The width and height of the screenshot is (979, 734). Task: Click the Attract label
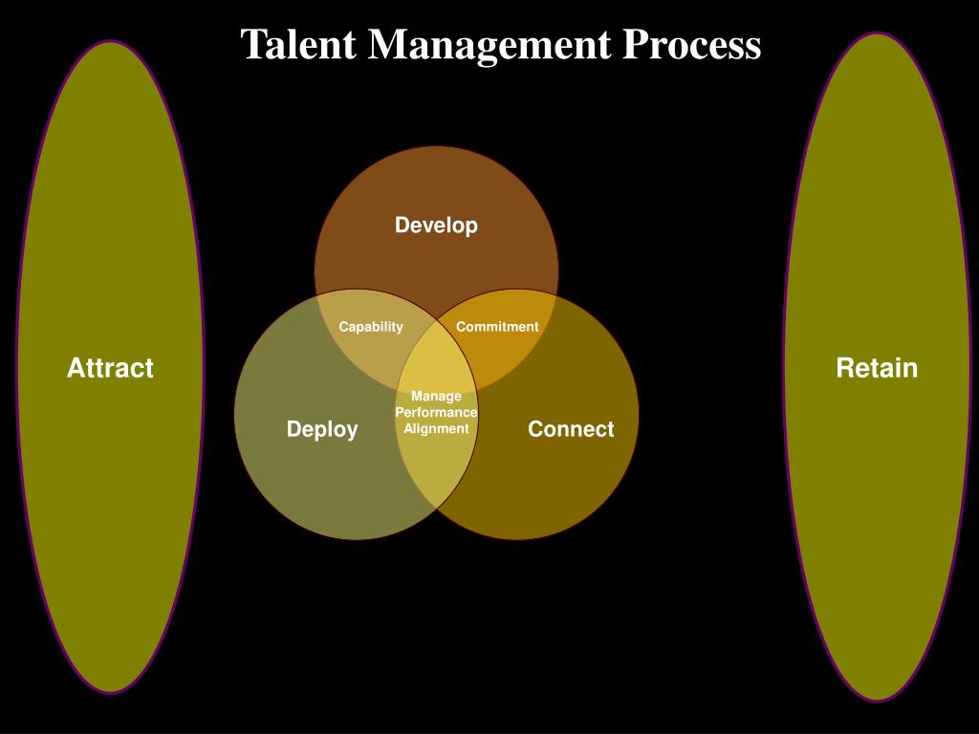(x=110, y=368)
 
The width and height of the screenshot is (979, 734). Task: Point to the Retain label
(x=877, y=368)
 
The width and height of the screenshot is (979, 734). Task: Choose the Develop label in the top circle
(x=436, y=226)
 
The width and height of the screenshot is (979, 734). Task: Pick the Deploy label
(x=322, y=429)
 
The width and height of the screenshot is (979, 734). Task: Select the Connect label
(x=571, y=429)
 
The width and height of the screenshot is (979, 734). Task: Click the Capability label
(x=371, y=327)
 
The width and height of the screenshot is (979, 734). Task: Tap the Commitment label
(x=497, y=327)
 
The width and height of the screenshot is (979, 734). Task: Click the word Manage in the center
(x=436, y=396)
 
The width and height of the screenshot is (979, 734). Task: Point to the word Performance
(x=436, y=412)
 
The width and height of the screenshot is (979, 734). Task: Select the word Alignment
(x=436, y=428)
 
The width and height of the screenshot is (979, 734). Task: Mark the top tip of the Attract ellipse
(x=111, y=42)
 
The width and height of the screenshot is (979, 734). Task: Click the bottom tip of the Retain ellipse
(x=878, y=700)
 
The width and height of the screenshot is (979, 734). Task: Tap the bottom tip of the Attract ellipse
(x=111, y=692)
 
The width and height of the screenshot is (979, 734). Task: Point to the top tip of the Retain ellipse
(x=878, y=34)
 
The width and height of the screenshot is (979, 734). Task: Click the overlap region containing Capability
(x=368, y=349)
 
